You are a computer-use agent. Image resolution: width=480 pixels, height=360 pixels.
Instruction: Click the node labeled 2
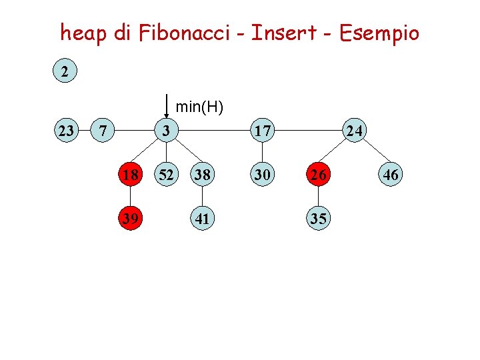point(65,71)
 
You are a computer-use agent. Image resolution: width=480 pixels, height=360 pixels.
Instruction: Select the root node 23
point(66,130)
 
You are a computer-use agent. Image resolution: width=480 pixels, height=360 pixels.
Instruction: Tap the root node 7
point(102,130)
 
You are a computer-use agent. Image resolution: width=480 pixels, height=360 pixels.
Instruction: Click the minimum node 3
point(167,130)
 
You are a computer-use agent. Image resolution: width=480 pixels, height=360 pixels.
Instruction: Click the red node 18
point(131,175)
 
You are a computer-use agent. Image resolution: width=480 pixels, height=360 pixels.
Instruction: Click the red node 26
point(318,175)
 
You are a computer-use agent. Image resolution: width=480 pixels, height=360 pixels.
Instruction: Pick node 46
point(390,175)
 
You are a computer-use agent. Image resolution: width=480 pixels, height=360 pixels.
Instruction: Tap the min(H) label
point(199,106)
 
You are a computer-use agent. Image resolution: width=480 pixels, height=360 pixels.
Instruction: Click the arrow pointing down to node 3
point(166,106)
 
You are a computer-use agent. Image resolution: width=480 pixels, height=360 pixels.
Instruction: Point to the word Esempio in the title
point(378,33)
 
